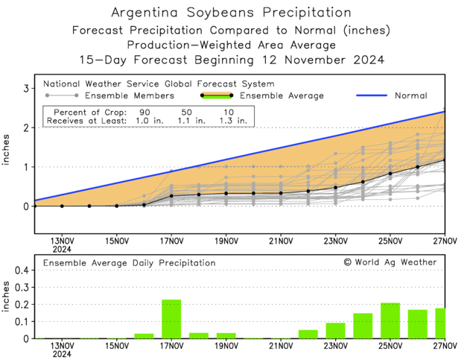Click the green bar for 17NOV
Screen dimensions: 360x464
171,319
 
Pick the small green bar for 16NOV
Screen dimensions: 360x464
144,335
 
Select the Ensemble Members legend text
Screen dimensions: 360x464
130,95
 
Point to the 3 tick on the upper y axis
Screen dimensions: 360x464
26,89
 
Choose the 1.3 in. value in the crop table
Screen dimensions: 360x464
231,121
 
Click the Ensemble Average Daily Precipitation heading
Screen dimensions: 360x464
129,263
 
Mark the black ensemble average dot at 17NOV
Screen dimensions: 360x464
171,196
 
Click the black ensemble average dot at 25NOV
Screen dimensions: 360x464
390,174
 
